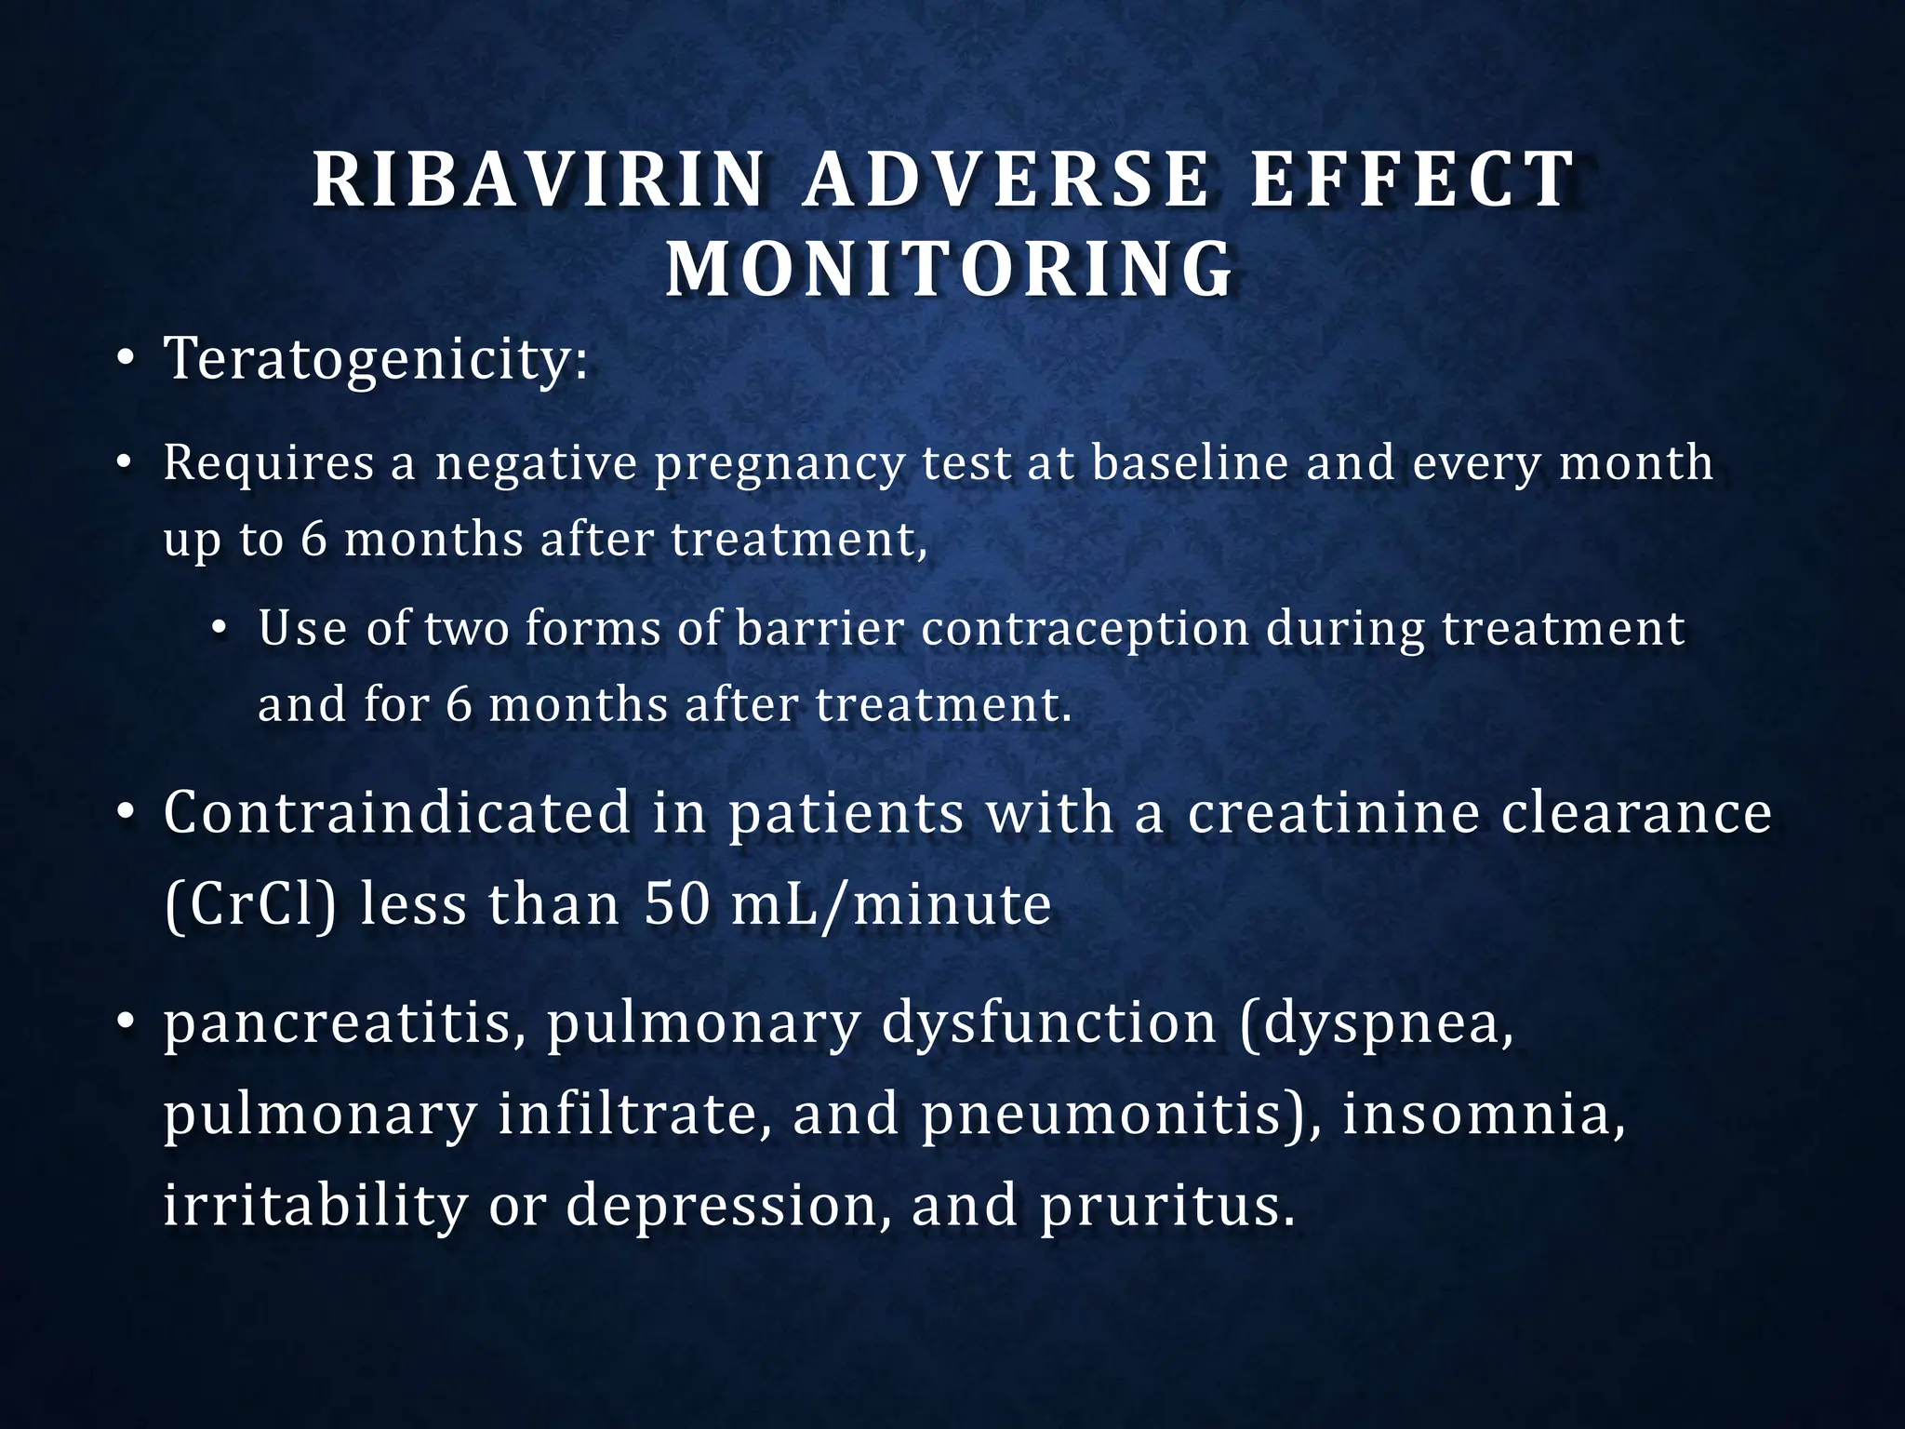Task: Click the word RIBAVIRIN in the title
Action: pyautogui.click(x=539, y=180)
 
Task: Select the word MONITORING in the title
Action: pyautogui.click(x=950, y=270)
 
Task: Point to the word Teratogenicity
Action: pyautogui.click(x=376, y=360)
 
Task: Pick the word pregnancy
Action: pyautogui.click(x=779, y=463)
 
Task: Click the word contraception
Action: pyautogui.click(x=1085, y=629)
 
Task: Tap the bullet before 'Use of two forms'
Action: pyautogui.click(x=220, y=631)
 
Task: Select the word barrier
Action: pyautogui.click(x=819, y=629)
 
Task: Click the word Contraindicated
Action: pyautogui.click(x=397, y=812)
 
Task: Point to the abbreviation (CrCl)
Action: pyautogui.click(x=249, y=904)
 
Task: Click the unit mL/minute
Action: pyautogui.click(x=891, y=904)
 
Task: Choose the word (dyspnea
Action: pyautogui.click(x=1378, y=1023)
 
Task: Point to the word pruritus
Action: pyautogui.click(x=1167, y=1206)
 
